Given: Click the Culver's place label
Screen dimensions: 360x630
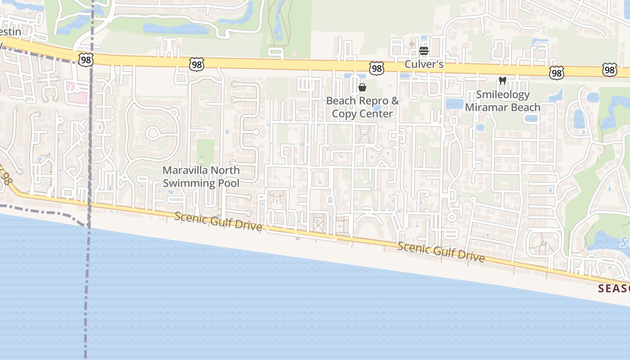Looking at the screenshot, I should click(423, 64).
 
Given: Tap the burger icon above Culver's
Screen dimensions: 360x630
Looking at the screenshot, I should click(423, 51).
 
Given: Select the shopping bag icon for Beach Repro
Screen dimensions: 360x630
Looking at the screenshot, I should click(362, 87).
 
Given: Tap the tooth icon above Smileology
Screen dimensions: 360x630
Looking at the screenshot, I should click(503, 81).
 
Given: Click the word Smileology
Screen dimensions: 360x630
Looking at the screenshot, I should click(503, 95).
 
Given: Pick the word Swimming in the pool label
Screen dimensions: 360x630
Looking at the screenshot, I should click(189, 183).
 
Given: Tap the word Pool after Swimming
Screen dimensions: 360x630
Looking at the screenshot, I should click(229, 183).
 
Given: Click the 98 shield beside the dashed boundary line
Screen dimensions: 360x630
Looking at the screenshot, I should click(85, 59).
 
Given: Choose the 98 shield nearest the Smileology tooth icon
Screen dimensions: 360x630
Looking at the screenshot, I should click(556, 72).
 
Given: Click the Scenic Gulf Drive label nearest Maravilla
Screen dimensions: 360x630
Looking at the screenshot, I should click(218, 221).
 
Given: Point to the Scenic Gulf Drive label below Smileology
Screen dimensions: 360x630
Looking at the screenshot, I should click(441, 252).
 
